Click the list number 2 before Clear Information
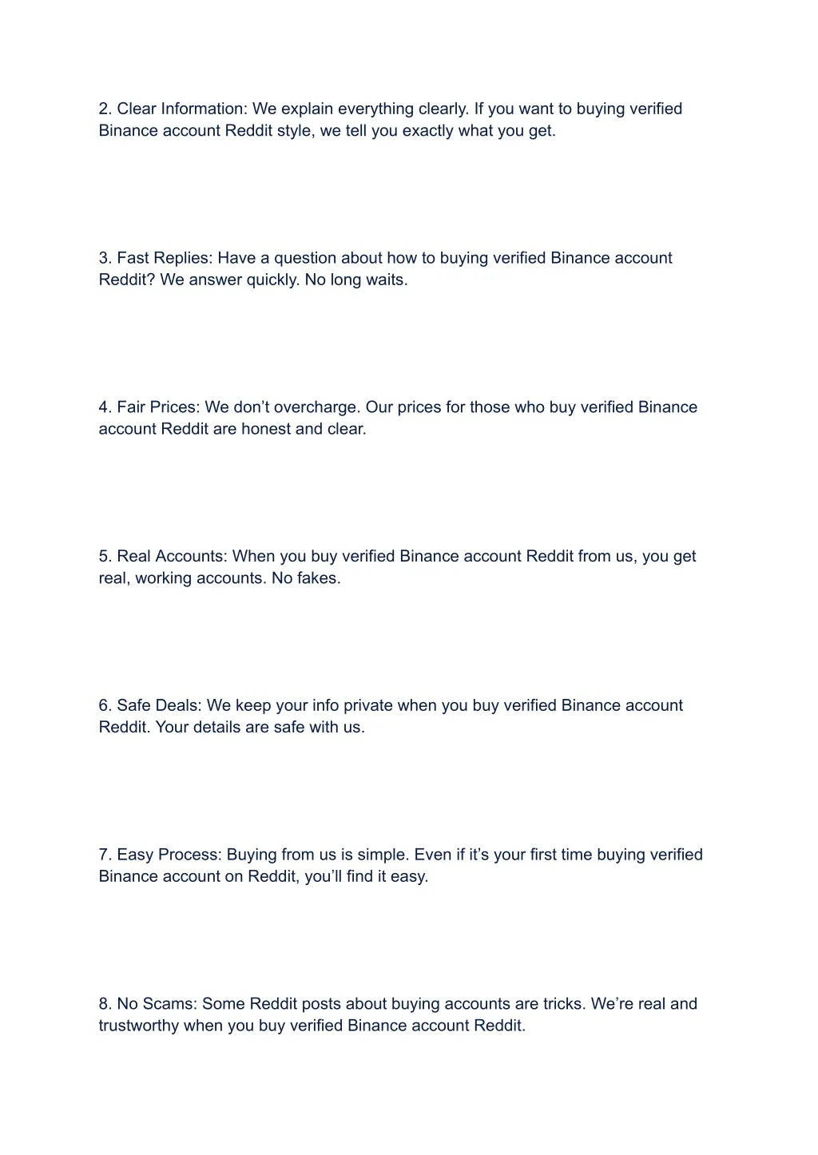(x=104, y=109)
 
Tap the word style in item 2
(x=294, y=131)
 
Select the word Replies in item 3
(x=182, y=258)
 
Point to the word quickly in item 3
(x=272, y=280)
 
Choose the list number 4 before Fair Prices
(x=104, y=407)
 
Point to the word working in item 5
(x=165, y=578)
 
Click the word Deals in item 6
(x=179, y=705)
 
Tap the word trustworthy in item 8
(x=139, y=1026)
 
